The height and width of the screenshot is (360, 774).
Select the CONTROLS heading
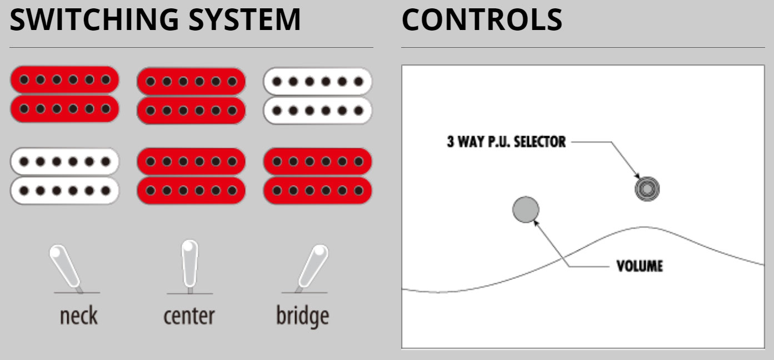[482, 19]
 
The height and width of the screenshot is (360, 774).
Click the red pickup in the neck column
[64, 94]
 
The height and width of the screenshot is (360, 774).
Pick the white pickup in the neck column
[64, 175]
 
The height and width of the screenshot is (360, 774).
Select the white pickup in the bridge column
[317, 95]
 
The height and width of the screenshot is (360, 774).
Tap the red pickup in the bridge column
[317, 175]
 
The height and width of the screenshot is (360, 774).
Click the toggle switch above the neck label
[65, 267]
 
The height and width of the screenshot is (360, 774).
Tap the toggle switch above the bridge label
[312, 266]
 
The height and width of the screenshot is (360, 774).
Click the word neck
[78, 316]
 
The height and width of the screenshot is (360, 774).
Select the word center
[189, 316]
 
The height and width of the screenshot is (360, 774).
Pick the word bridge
[302, 316]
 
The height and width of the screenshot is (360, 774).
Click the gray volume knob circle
[525, 209]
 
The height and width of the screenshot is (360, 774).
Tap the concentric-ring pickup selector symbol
[647, 189]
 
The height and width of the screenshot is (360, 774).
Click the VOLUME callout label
[640, 266]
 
